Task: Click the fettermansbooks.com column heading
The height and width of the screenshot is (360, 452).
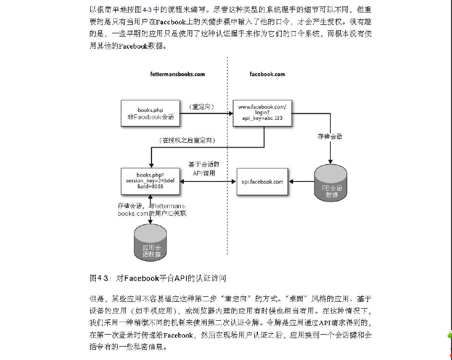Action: click(177, 74)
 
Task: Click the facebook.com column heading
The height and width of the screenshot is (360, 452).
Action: click(267, 74)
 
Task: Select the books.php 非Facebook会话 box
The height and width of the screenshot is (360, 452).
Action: click(150, 113)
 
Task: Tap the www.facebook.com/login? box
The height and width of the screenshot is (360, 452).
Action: click(262, 113)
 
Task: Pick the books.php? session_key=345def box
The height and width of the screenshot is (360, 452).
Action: click(150, 181)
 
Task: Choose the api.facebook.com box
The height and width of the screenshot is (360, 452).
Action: click(262, 181)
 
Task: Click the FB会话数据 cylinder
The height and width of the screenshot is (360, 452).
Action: click(331, 185)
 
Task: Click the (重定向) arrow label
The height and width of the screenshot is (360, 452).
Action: click(201, 107)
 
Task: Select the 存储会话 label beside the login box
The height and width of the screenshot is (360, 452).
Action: click(330, 136)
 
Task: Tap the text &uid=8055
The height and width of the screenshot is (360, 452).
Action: click(150, 187)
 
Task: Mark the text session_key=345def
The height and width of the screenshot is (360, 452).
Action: click(150, 181)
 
